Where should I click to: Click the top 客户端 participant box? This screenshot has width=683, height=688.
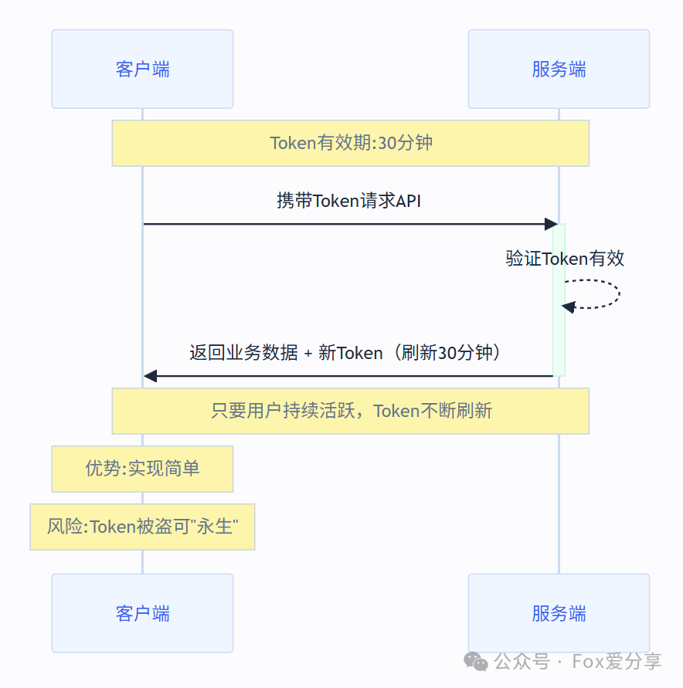(x=142, y=69)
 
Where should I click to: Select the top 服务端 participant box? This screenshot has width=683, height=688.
(x=559, y=69)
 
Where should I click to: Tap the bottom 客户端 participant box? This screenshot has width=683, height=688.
(x=142, y=613)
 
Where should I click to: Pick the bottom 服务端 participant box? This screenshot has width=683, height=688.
(x=559, y=613)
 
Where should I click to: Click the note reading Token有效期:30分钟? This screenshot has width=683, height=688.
(x=351, y=143)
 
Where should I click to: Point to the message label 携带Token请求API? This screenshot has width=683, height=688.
(x=348, y=201)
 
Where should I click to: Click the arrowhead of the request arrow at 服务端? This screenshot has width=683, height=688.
(x=551, y=224)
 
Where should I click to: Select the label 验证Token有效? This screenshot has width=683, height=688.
(x=565, y=259)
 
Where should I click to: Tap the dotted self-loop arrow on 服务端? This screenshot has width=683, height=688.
(x=610, y=293)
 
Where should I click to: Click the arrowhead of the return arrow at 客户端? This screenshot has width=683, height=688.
(x=150, y=376)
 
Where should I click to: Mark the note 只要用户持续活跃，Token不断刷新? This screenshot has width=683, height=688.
(x=351, y=411)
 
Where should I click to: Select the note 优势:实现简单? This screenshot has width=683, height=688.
(x=142, y=469)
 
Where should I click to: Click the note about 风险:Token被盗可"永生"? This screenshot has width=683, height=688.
(x=142, y=527)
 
